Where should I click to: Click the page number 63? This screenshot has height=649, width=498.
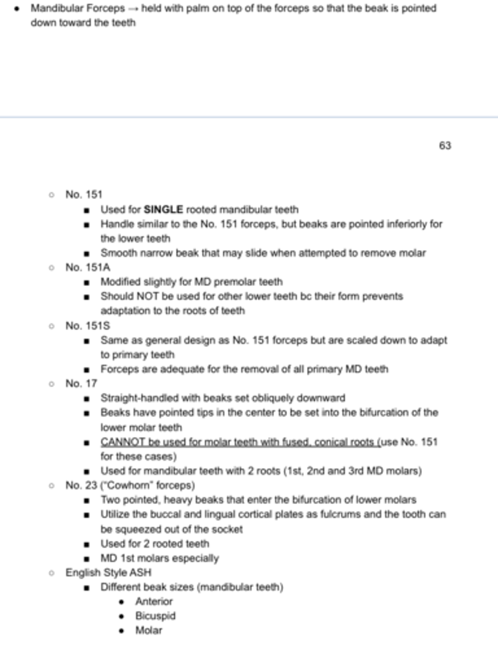click(x=445, y=145)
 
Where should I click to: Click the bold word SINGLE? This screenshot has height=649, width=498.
click(x=164, y=209)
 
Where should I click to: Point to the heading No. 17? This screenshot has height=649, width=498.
click(x=82, y=383)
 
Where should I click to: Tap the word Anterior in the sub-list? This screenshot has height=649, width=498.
click(x=154, y=601)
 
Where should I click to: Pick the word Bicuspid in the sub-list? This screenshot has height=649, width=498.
click(x=155, y=616)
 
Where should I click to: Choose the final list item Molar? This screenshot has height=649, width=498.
click(x=149, y=631)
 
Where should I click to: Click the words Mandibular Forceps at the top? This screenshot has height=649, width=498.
click(x=77, y=9)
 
